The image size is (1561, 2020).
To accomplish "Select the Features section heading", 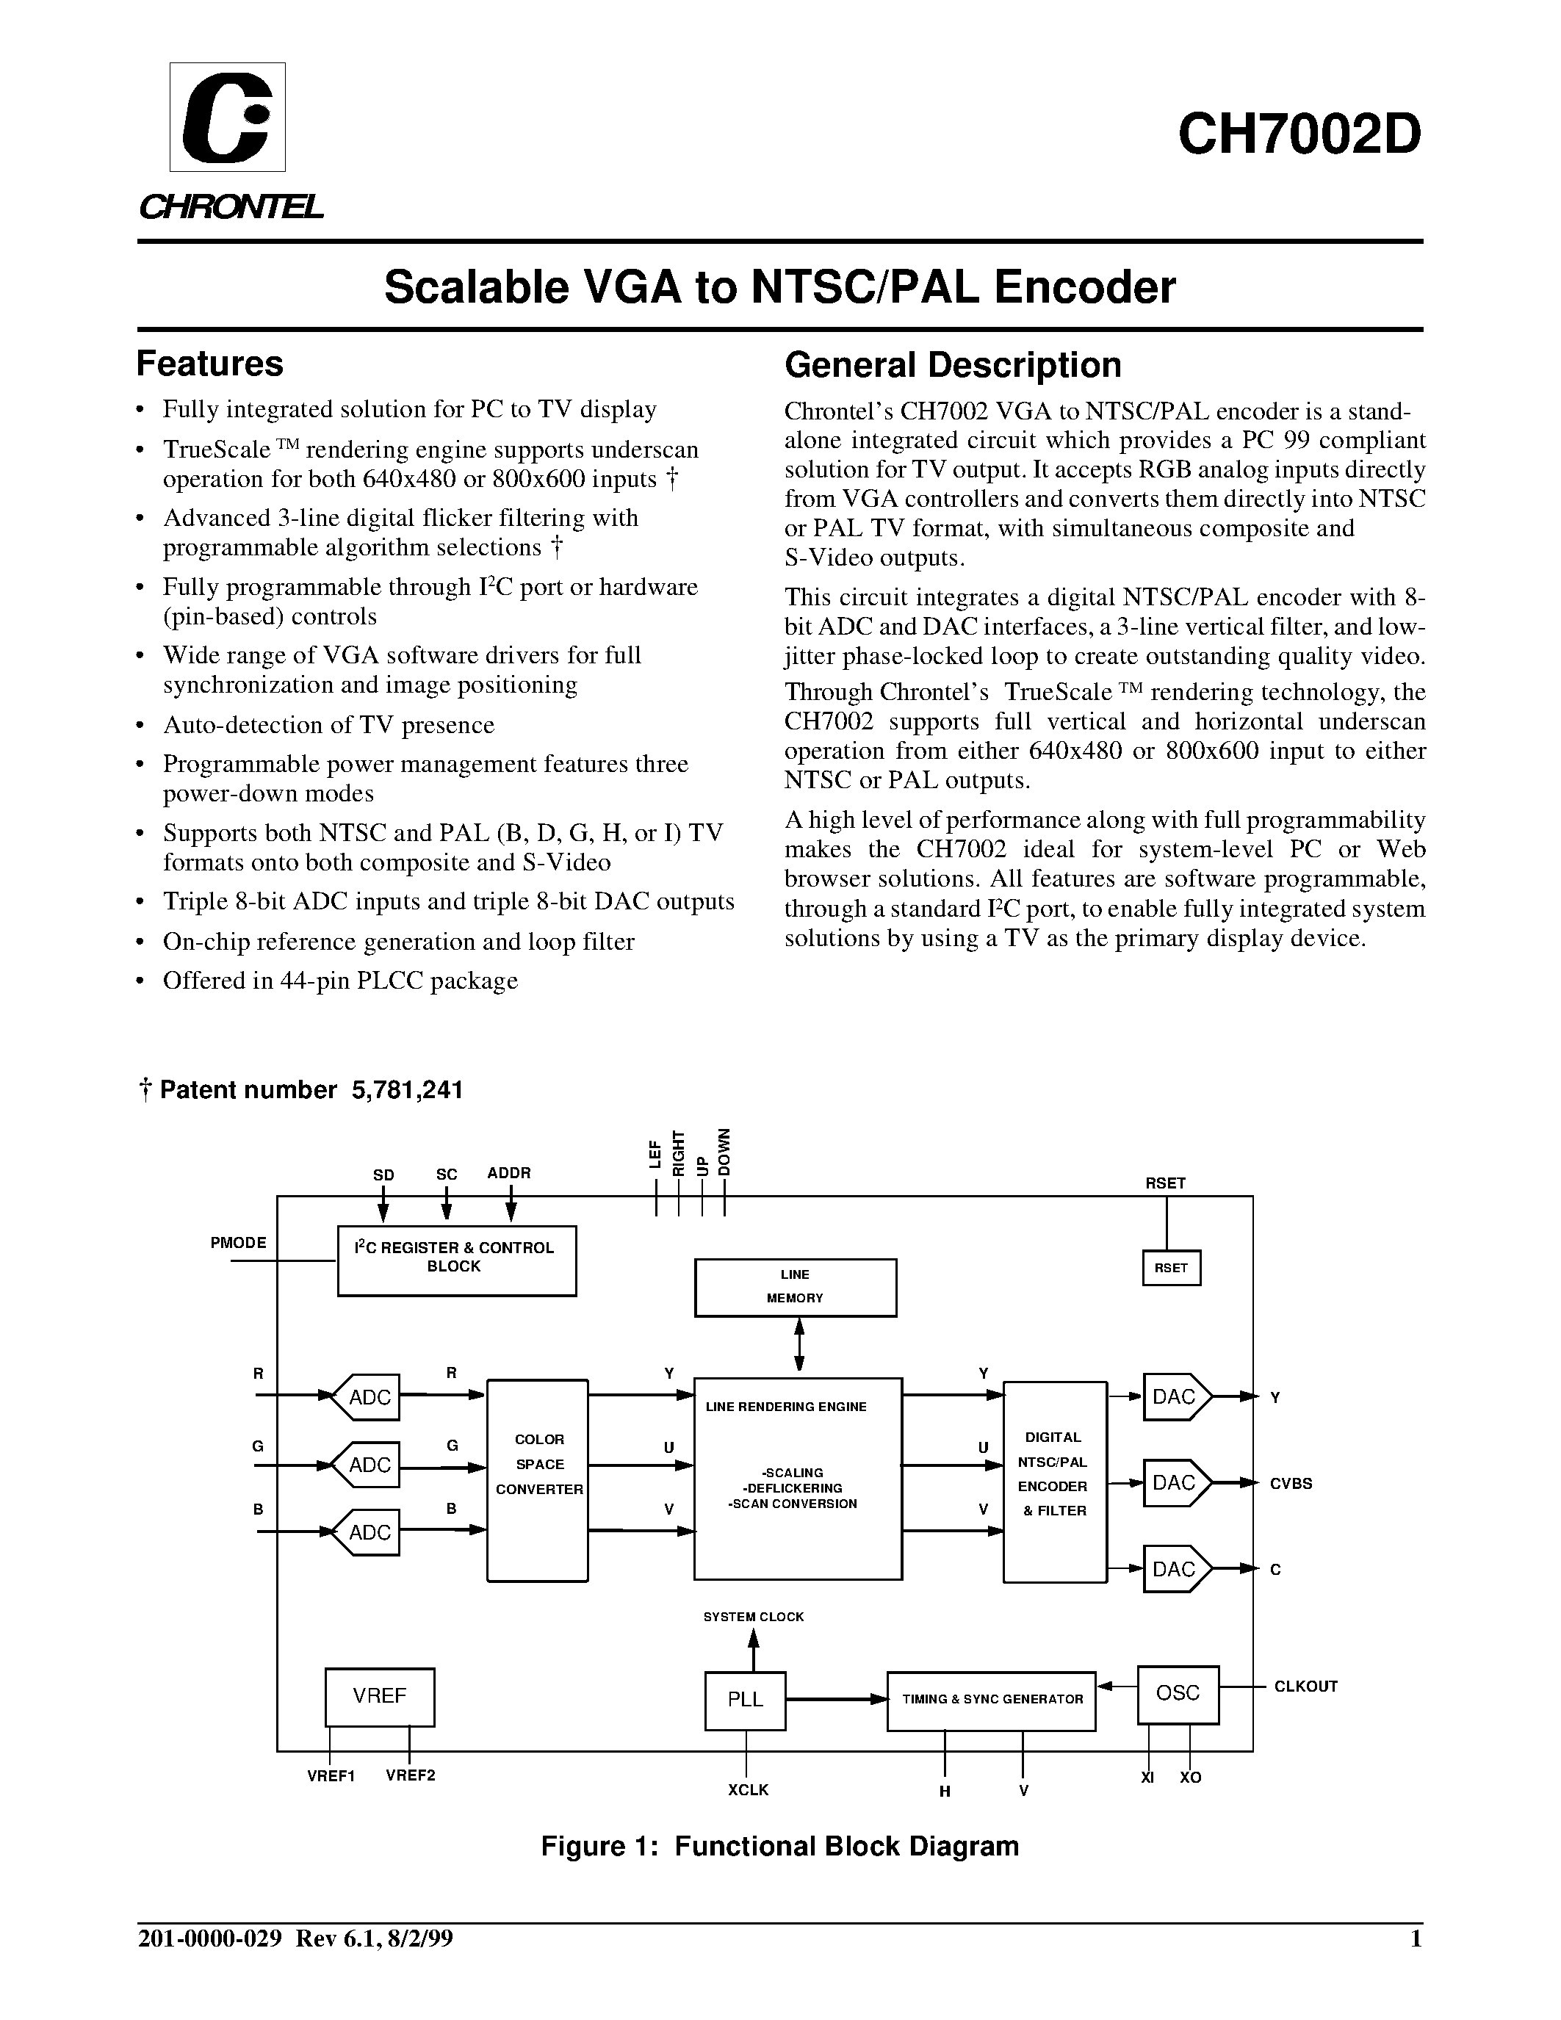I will [x=210, y=364].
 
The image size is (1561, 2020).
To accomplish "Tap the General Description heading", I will [x=953, y=365].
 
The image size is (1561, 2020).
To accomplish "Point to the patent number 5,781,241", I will [x=407, y=1089].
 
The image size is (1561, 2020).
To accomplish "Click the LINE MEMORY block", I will [x=796, y=1286].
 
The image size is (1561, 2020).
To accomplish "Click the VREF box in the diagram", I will [x=379, y=1696].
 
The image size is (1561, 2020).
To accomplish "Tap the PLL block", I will [x=746, y=1700].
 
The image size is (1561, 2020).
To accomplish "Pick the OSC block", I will [x=1178, y=1694].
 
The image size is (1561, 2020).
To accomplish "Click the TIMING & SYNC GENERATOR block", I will [x=992, y=1700].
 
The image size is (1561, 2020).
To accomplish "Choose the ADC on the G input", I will [x=367, y=1465].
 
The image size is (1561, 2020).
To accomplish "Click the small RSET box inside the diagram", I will [x=1171, y=1268].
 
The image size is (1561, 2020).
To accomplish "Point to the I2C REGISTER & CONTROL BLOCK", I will [x=456, y=1260].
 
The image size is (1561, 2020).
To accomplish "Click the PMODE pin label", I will [x=239, y=1243].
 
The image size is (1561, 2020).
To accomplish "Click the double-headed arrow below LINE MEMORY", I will [x=799, y=1346].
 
